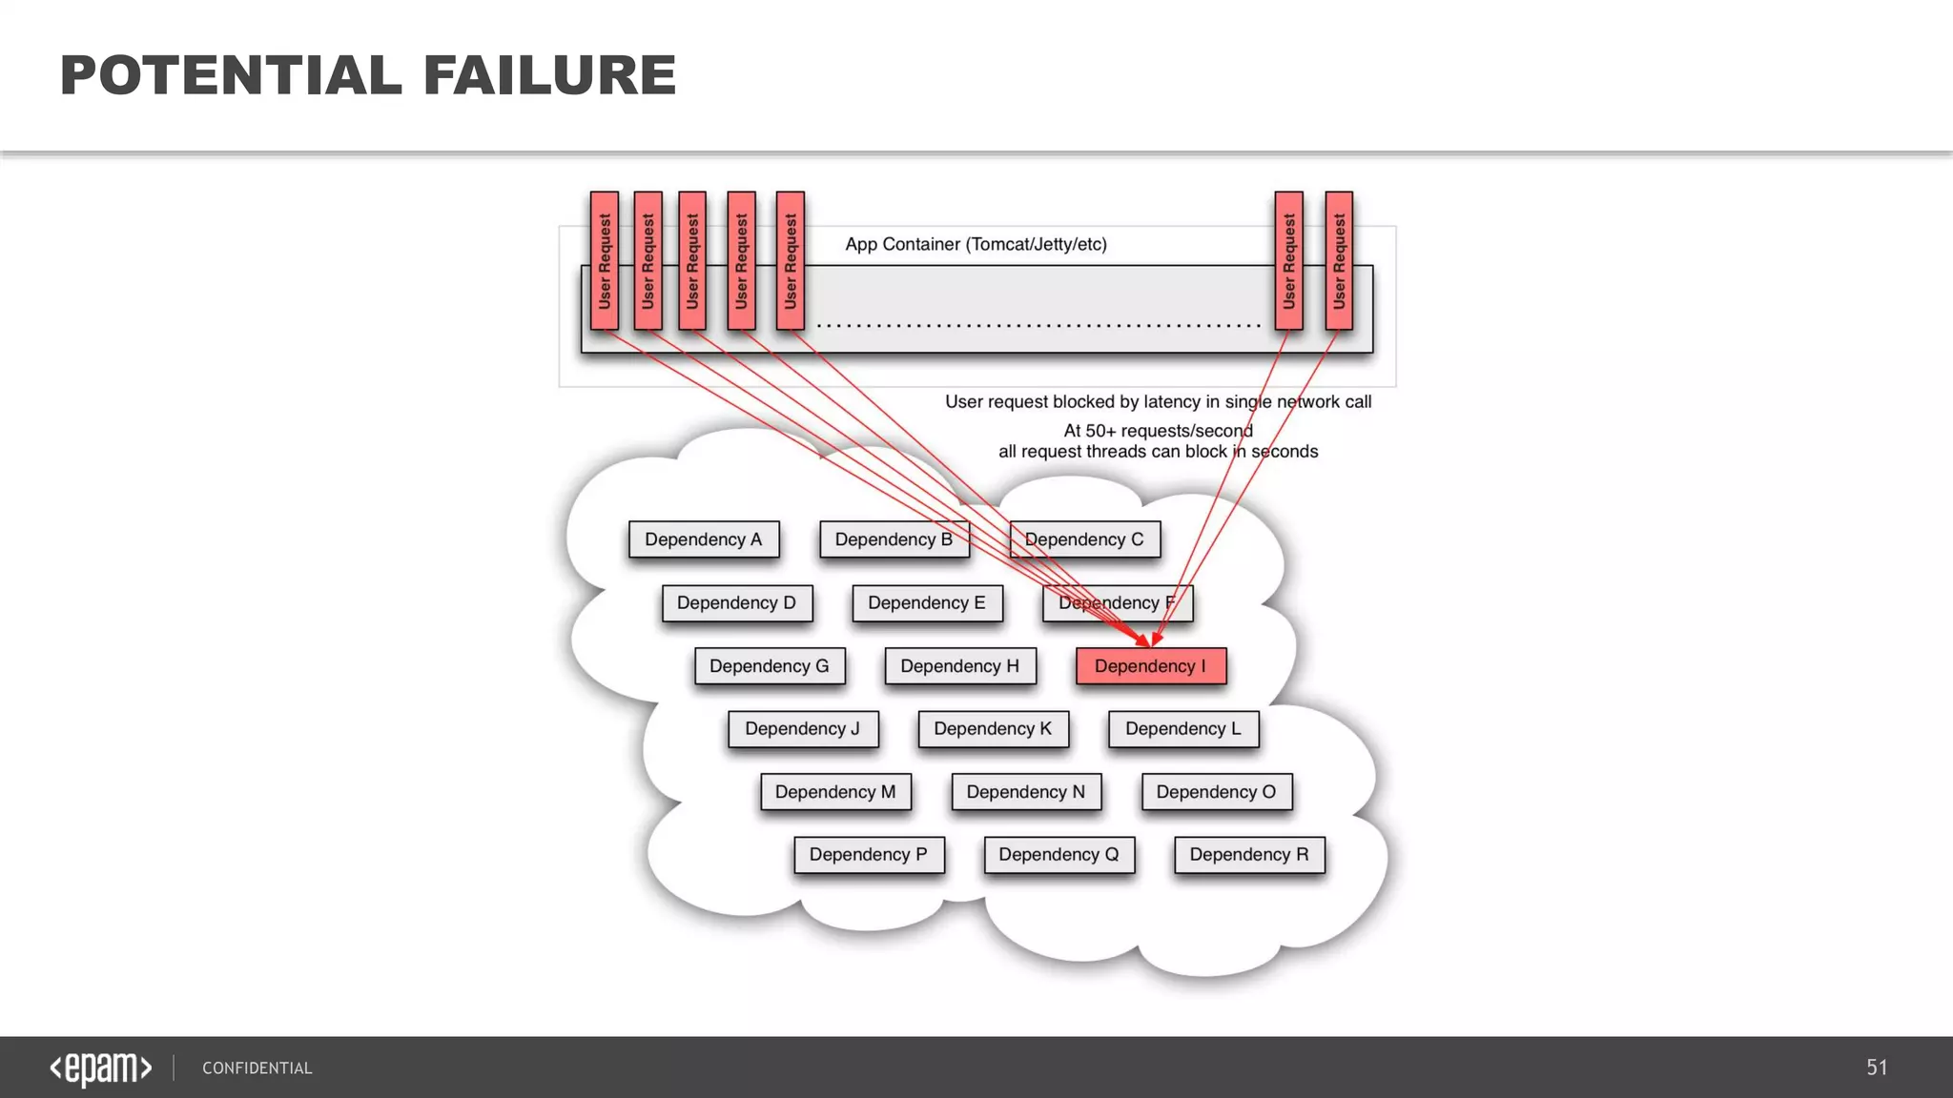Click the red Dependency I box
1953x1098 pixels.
1150,666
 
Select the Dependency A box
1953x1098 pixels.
704,539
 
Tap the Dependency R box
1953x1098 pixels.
1249,855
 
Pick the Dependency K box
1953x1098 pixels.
993,729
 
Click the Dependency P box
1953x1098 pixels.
869,855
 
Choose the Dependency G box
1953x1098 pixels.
770,666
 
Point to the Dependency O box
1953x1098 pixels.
1216,792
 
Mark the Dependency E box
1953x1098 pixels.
927,603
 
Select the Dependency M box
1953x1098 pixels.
835,792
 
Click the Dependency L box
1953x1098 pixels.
1183,729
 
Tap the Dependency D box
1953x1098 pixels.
737,603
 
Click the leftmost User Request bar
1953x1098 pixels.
605,260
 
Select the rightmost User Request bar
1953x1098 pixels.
1339,260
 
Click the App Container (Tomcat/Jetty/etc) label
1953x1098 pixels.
976,244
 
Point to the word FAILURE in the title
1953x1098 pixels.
549,76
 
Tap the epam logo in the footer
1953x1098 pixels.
101,1067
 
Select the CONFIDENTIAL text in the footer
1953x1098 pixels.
257,1068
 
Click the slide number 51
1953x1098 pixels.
1877,1067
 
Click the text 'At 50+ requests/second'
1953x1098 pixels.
1158,431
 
